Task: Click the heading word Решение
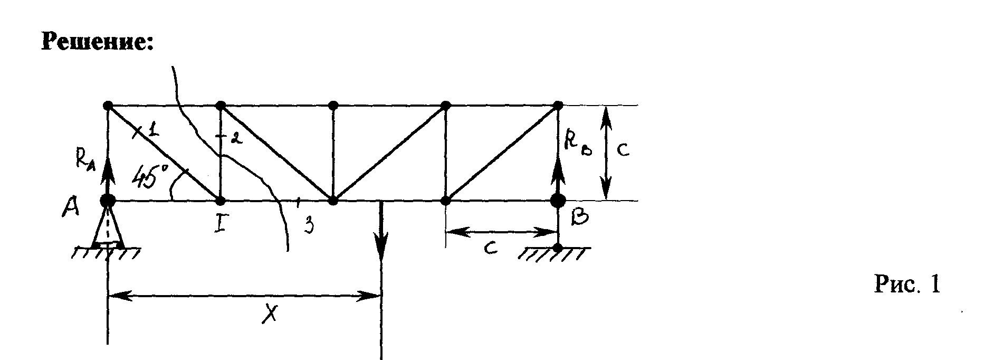tap(97, 41)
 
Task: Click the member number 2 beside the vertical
tap(236, 138)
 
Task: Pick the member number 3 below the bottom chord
tap(309, 224)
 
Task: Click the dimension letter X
tap(270, 315)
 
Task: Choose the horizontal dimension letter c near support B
tap(491, 248)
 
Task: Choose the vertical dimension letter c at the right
tap(623, 150)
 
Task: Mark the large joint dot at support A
tap(108, 201)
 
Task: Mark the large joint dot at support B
tap(558, 201)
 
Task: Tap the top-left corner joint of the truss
tap(108, 105)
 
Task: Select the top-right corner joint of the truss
tap(558, 105)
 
